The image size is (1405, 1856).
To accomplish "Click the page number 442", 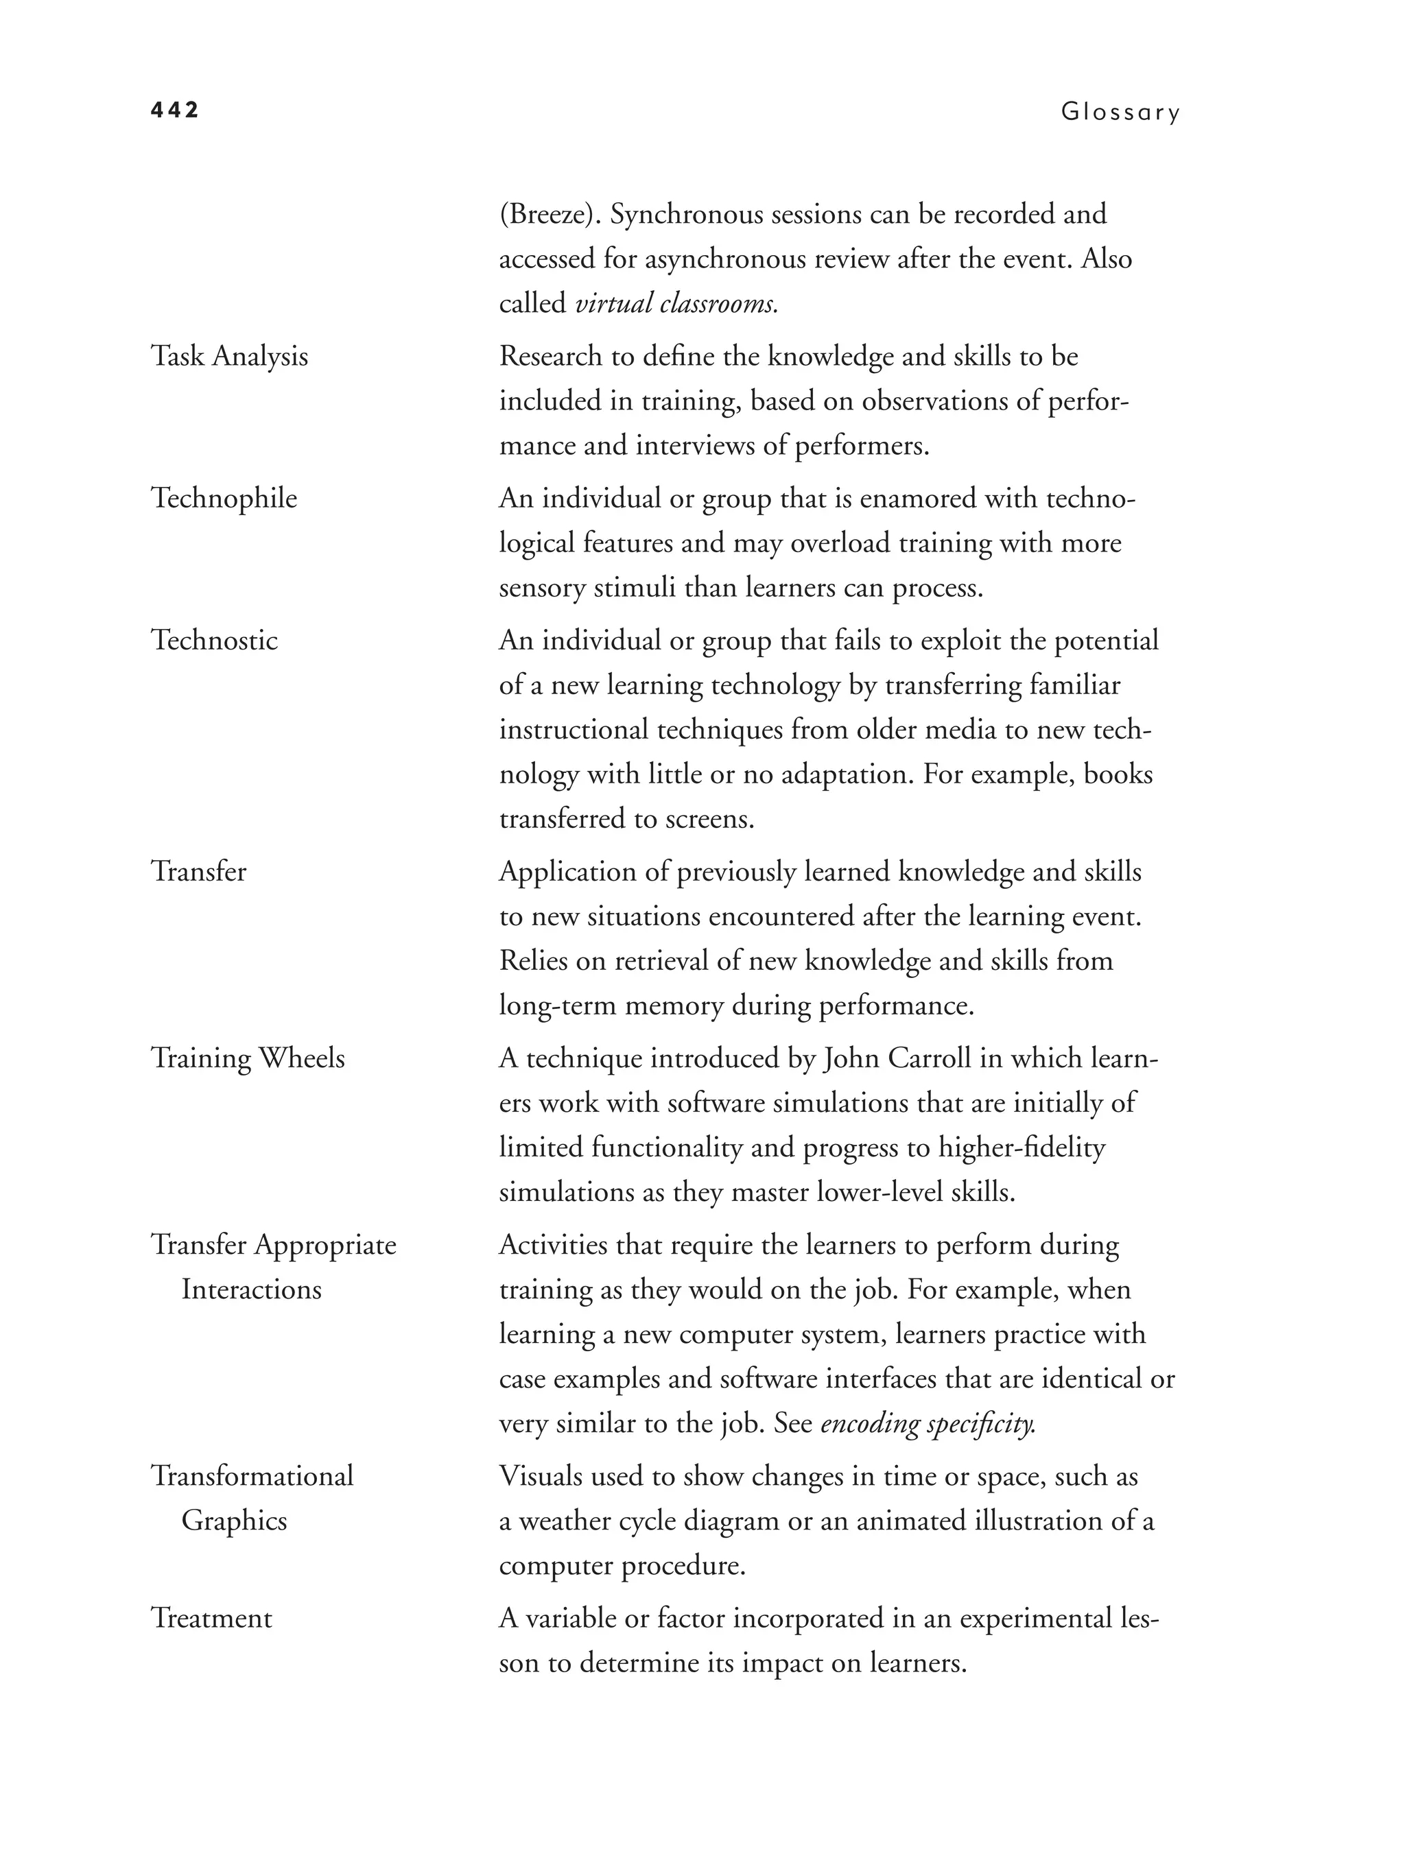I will (174, 110).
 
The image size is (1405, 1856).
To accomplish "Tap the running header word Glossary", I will (1120, 112).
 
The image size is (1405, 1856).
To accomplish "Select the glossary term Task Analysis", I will (229, 357).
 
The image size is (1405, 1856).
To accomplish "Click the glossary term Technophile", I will (224, 499).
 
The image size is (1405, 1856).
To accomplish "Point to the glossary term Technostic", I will (214, 640).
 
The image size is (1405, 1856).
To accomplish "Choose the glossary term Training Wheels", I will (248, 1058).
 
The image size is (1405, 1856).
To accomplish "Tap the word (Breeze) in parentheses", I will (550, 215).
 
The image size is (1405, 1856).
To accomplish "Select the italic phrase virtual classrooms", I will (676, 304).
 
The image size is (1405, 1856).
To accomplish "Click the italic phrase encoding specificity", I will (927, 1424).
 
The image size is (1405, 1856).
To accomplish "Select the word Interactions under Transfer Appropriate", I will (251, 1289).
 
